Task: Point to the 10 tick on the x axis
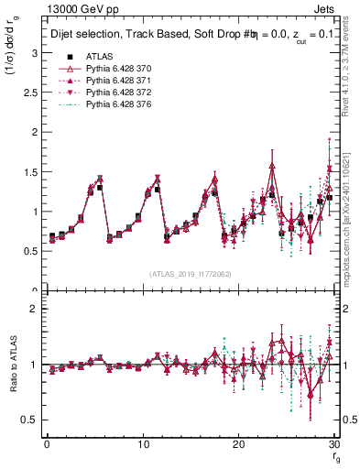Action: tap(143, 444)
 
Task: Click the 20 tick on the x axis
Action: tap(239, 444)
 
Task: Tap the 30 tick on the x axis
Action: tap(334, 444)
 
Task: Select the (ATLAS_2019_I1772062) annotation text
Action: tap(190, 273)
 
